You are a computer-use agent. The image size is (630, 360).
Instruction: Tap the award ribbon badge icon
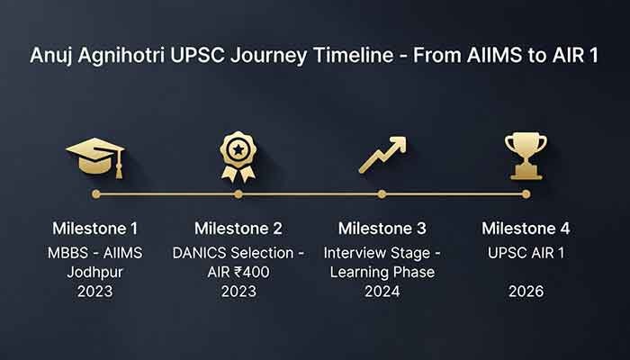(238, 155)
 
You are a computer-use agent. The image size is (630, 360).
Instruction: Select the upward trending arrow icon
(382, 155)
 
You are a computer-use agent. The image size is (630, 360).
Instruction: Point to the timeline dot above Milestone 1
(95, 193)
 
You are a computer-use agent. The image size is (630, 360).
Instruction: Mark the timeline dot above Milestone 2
(238, 193)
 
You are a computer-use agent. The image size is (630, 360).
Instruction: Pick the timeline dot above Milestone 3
(382, 193)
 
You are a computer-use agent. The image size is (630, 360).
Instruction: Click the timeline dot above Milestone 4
(526, 193)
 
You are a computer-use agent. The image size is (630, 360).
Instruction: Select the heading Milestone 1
(95, 228)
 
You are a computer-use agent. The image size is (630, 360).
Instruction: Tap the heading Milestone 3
(382, 228)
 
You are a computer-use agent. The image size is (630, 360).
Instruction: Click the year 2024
(382, 292)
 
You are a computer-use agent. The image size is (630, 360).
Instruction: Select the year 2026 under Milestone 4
(526, 292)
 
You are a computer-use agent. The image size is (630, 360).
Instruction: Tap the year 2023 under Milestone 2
(238, 292)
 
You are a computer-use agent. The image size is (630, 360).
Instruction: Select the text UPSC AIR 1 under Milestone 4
(526, 253)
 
